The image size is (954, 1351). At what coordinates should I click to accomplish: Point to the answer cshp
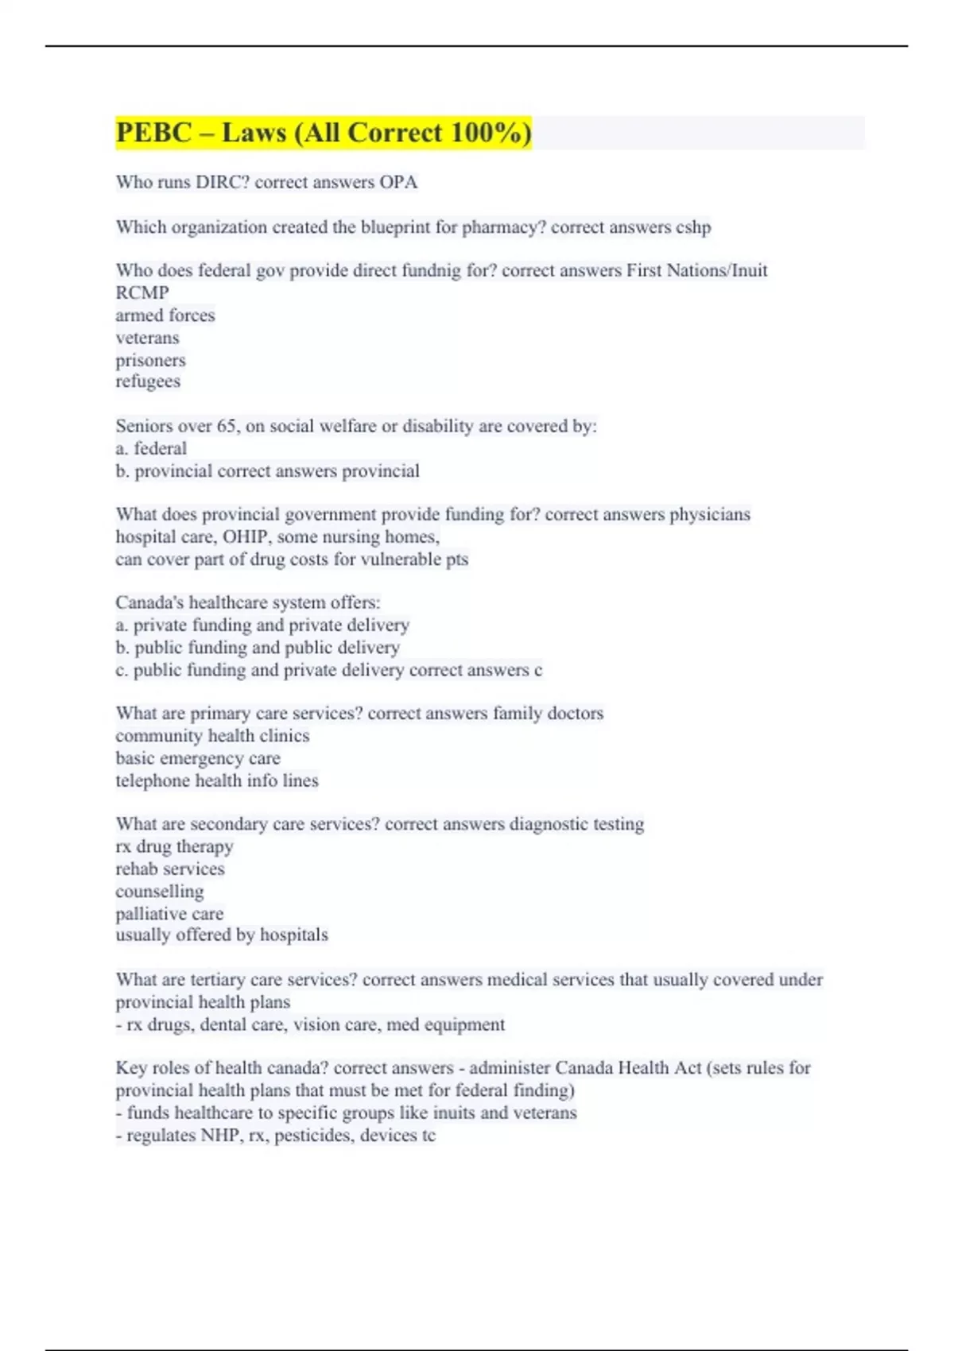click(x=693, y=227)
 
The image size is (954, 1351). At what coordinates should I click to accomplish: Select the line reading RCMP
click(x=142, y=293)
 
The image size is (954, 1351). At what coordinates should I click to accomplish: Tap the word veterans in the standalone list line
click(x=147, y=338)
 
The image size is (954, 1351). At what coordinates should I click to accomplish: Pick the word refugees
click(x=148, y=381)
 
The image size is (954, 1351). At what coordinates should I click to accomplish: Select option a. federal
click(x=151, y=448)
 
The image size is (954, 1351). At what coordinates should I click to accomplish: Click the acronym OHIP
click(x=245, y=537)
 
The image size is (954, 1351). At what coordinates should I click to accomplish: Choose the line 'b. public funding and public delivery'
click(x=258, y=648)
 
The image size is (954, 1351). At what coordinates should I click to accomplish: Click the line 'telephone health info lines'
click(x=217, y=781)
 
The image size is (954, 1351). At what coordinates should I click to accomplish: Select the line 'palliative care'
click(x=169, y=914)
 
